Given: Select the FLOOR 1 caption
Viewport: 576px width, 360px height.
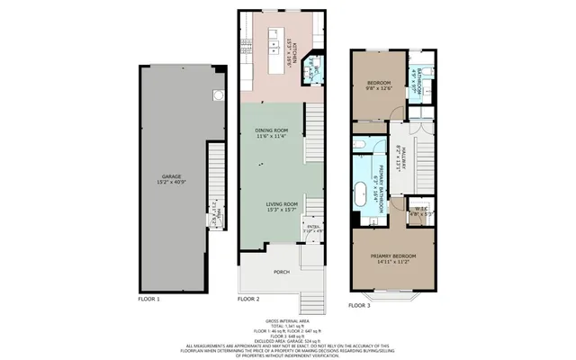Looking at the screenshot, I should click(148, 298).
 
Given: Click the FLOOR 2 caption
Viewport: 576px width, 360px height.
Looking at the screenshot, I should click(247, 298).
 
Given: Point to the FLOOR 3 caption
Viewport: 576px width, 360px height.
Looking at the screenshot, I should click(360, 306).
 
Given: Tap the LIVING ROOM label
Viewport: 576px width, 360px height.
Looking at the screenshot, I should click(282, 204).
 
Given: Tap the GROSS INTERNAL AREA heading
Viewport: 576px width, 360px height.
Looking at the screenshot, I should click(287, 320).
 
